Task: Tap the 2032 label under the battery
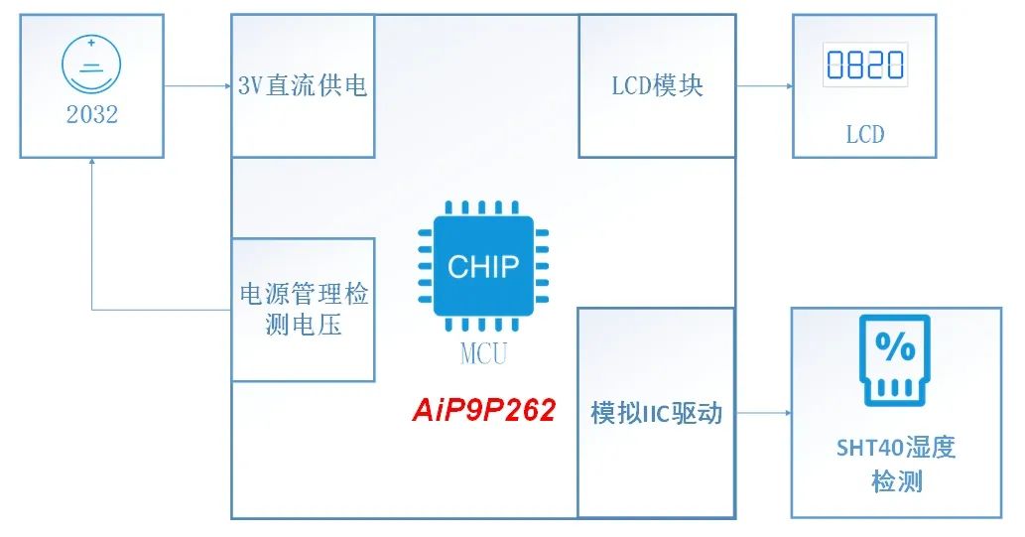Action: (92, 115)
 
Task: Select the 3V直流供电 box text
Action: (303, 86)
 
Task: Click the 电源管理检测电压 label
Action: (304, 310)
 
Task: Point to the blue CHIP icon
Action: (483, 266)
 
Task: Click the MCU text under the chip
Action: (483, 354)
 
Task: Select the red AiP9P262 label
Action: (483, 410)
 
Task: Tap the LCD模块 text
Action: (657, 85)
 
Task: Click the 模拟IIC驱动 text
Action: (657, 413)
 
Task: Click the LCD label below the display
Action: (865, 134)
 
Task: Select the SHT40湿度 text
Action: (895, 448)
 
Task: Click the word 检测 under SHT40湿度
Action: (896, 482)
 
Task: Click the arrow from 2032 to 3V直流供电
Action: (197, 86)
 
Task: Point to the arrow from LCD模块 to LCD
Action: (764, 85)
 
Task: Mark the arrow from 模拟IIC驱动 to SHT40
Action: (762, 413)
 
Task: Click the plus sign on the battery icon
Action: (91, 44)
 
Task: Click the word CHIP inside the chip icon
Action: (483, 267)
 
